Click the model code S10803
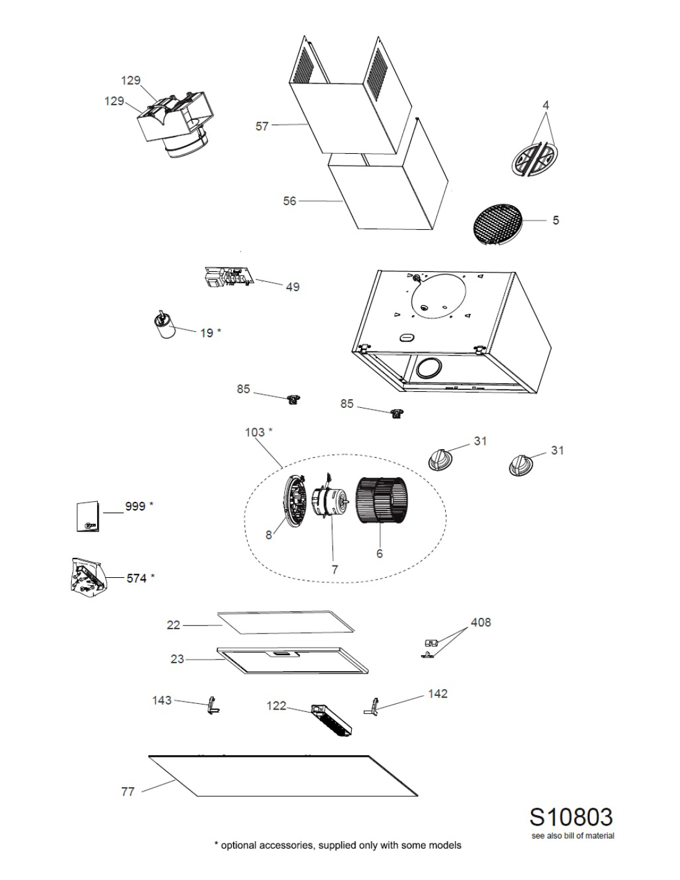[x=571, y=817]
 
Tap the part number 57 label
[x=262, y=126]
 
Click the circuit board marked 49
[x=228, y=279]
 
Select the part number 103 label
[x=255, y=433]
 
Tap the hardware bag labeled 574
[x=87, y=576]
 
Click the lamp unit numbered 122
[x=333, y=719]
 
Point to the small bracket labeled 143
[x=212, y=706]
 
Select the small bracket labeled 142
[x=374, y=706]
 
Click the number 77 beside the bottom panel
[x=127, y=792]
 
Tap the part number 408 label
[x=480, y=622]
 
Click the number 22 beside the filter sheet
[x=173, y=625]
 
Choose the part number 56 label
[x=289, y=201]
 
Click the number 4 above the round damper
[x=546, y=105]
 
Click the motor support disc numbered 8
[x=295, y=501]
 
